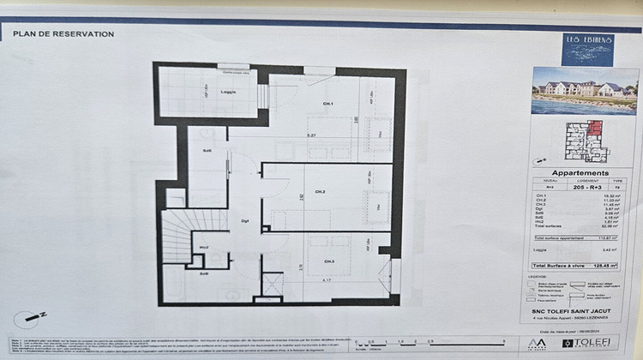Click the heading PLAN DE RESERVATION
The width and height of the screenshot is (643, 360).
[x=63, y=33]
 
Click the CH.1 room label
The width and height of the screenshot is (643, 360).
[x=304, y=105]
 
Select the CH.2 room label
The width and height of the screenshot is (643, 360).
[x=319, y=191]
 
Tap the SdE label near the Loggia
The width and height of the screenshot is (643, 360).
[x=207, y=151]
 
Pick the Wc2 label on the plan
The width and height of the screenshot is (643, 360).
[x=206, y=248]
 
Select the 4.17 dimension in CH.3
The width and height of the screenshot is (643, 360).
[x=328, y=279]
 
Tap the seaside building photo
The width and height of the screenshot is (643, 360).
[x=584, y=90]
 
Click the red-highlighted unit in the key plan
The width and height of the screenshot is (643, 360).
[x=595, y=130]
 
